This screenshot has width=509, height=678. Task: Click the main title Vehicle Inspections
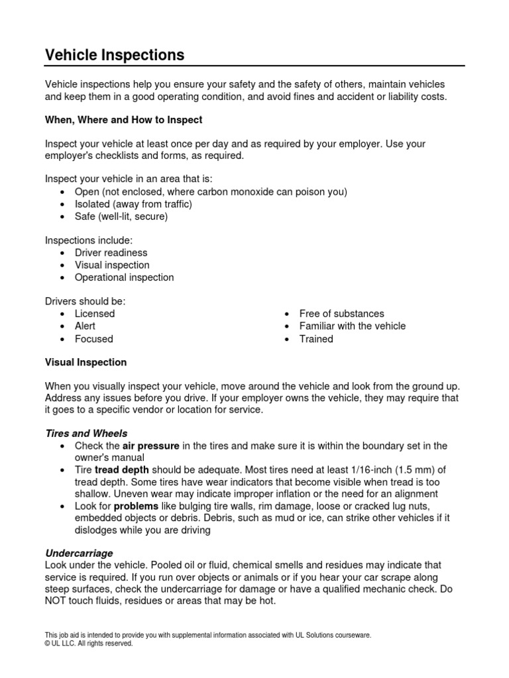click(115, 55)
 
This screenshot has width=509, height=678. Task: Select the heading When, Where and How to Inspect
click(123, 120)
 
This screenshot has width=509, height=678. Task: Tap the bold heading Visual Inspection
click(85, 362)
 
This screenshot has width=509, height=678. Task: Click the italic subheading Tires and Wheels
click(86, 433)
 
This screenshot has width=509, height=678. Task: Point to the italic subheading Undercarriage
click(79, 552)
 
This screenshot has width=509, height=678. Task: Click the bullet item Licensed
click(95, 313)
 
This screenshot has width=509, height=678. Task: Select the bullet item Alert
click(85, 326)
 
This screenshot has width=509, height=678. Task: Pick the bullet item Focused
click(93, 339)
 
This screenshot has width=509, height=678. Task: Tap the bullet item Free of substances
click(341, 313)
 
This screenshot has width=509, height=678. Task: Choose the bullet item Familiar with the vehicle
click(352, 326)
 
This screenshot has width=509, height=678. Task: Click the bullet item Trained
click(316, 339)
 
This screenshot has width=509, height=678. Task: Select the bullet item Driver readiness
click(111, 252)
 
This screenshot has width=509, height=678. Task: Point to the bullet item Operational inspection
click(124, 277)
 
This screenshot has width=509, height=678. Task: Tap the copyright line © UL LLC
click(89, 643)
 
